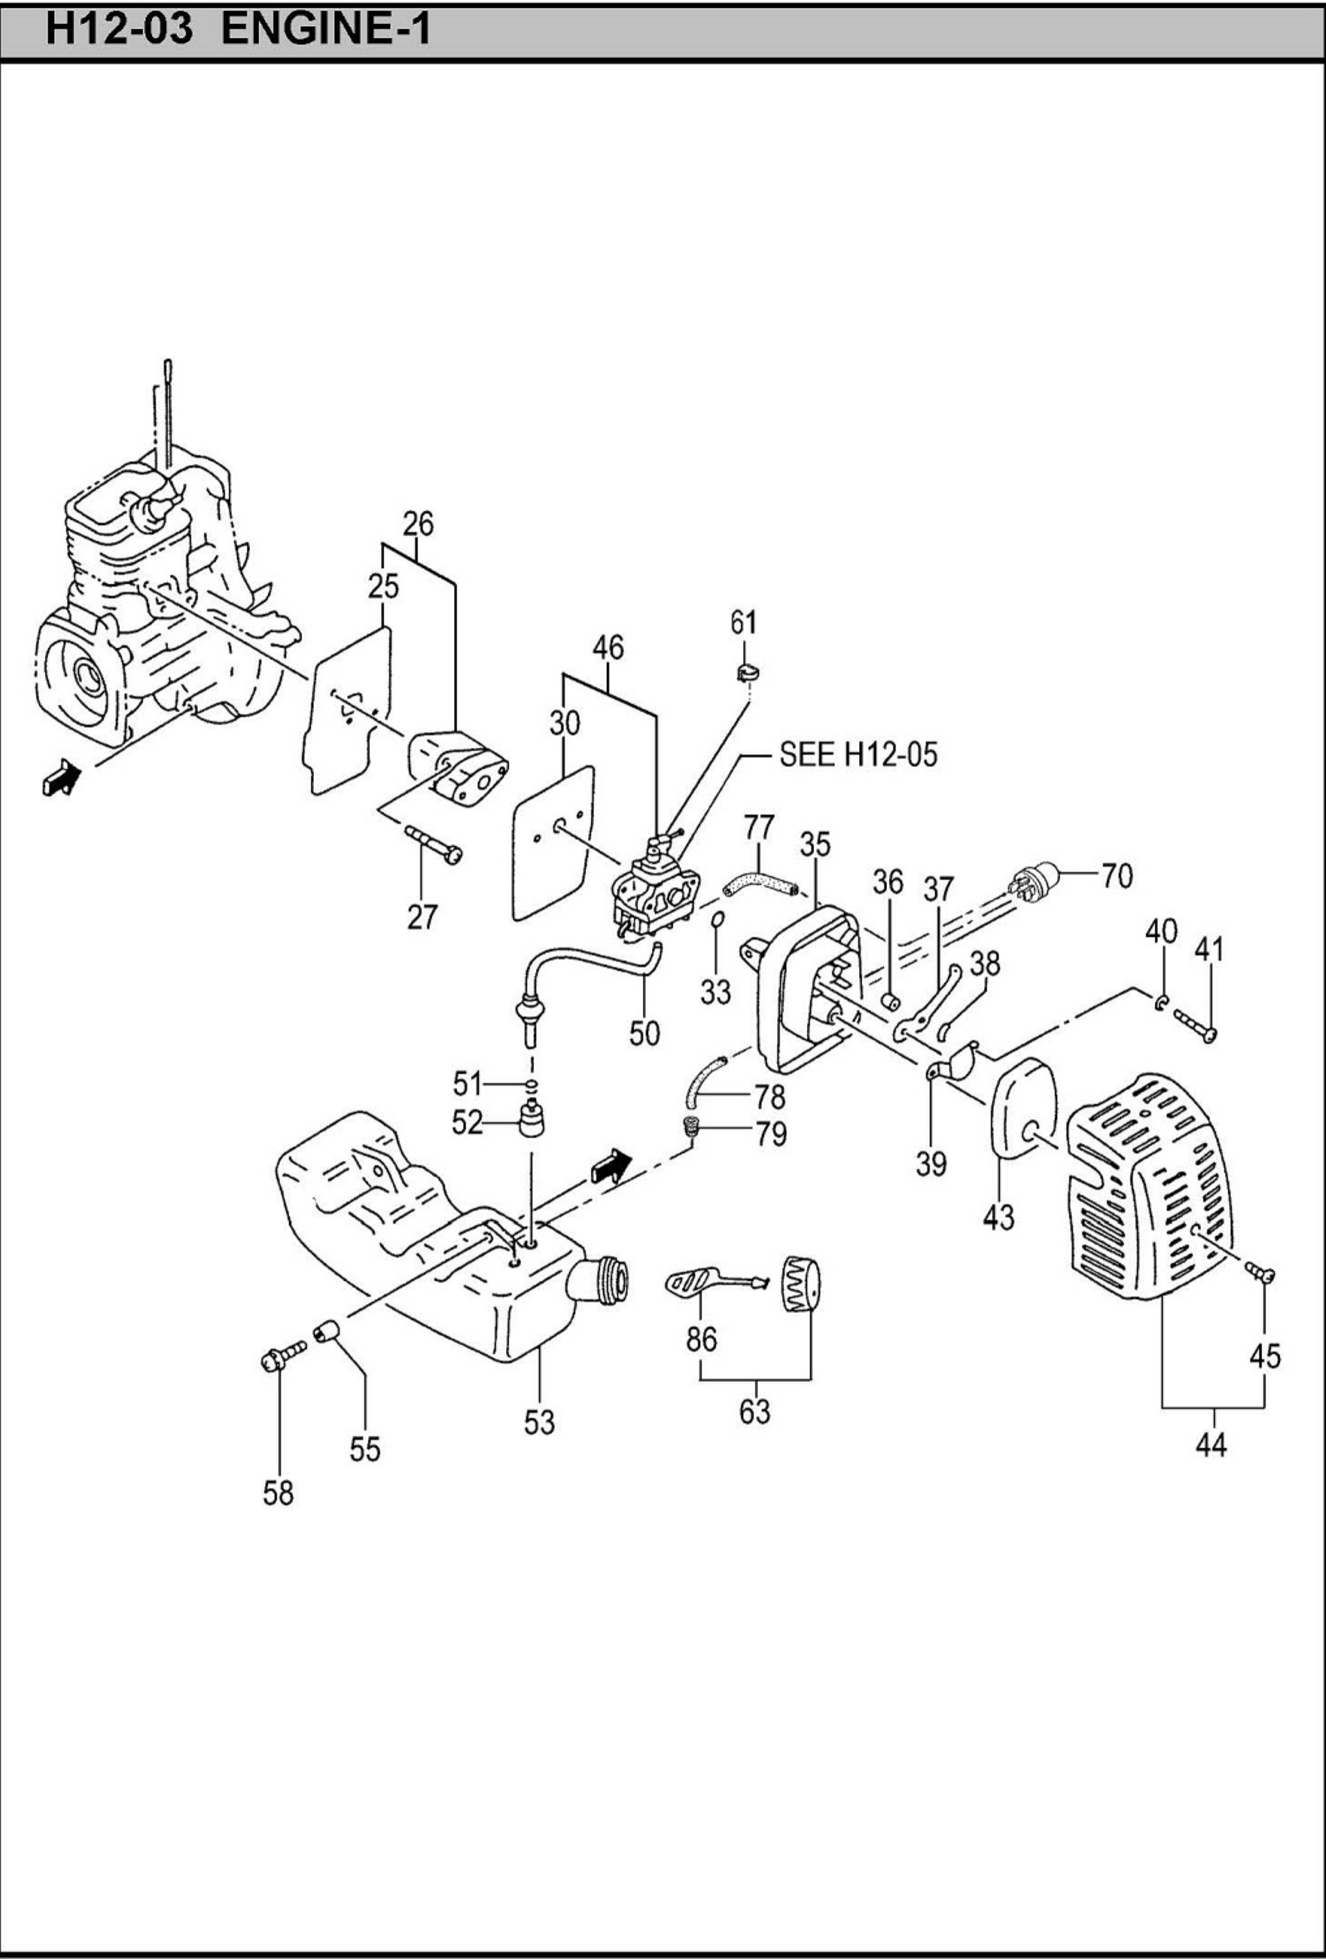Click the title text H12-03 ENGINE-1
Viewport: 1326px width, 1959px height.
click(x=238, y=29)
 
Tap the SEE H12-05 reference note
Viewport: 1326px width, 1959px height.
click(x=857, y=754)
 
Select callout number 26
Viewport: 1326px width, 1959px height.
click(x=417, y=524)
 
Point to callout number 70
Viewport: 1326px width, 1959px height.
click(x=1117, y=876)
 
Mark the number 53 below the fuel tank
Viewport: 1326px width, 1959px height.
click(x=539, y=1422)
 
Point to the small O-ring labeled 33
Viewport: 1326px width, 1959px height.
click(x=716, y=919)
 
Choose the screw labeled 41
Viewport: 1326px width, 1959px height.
click(x=1195, y=1026)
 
